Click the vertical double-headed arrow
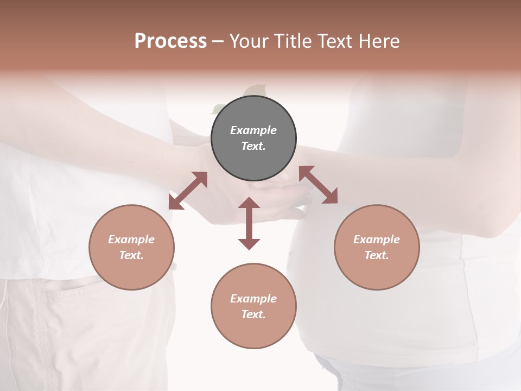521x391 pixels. point(249,223)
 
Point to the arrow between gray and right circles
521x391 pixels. point(319,185)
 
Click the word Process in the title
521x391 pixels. point(170,41)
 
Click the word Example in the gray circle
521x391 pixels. point(253,130)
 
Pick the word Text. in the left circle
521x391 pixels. point(131,255)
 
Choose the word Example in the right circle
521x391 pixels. point(377,239)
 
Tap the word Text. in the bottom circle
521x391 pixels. point(253,314)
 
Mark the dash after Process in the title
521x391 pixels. point(218,41)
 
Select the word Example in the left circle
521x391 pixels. point(131,239)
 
